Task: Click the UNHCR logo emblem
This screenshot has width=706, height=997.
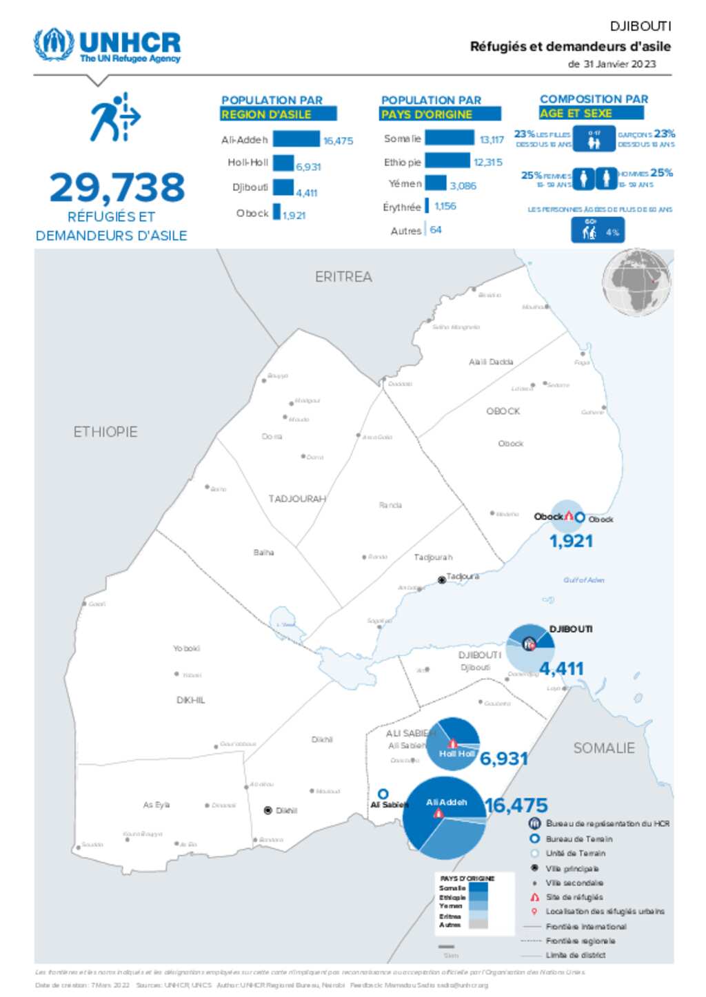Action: coord(54,45)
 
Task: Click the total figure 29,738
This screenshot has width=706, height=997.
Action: coord(117,187)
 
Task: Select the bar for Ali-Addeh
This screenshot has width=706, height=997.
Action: coord(296,139)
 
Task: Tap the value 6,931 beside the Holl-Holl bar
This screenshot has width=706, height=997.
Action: coord(308,167)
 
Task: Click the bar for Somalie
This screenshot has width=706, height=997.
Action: coord(450,138)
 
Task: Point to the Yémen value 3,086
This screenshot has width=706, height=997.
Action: coord(463,185)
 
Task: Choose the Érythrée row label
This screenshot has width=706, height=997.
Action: coord(401,207)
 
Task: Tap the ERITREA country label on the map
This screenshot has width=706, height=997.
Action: coord(343,277)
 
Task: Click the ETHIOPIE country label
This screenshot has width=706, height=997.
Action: coord(105,432)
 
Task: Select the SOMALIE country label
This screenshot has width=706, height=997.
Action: coord(604,748)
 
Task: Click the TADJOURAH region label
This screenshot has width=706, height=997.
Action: coord(297,498)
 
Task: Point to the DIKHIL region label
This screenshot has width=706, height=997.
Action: coord(191,700)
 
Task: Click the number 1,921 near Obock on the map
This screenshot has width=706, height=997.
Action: coord(571,542)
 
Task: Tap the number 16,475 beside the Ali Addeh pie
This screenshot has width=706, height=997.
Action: coord(516,805)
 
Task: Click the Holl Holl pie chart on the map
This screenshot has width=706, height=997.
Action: coord(453,744)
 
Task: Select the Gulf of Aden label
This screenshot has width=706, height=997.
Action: coord(583,580)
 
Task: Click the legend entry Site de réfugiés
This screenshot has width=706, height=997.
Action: coord(574,897)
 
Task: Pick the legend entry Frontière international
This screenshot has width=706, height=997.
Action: coord(585,927)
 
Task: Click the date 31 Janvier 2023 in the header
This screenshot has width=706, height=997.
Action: coord(619,64)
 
